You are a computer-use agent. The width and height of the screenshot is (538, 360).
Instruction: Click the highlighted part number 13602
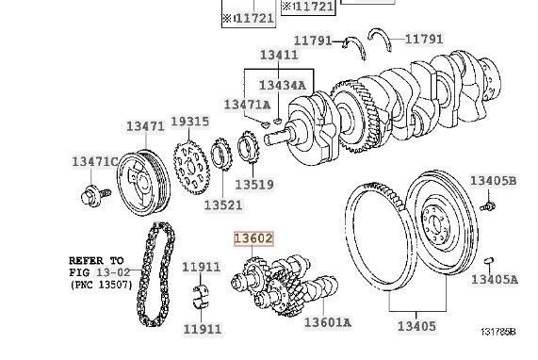point(253,239)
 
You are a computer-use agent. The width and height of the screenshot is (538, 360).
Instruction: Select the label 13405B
point(494,181)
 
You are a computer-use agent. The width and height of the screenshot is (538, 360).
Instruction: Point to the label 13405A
point(494,279)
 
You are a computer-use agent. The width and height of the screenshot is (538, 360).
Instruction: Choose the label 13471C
point(94,162)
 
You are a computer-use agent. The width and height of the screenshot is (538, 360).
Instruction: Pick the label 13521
point(223,204)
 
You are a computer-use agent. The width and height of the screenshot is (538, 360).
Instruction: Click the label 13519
point(253,185)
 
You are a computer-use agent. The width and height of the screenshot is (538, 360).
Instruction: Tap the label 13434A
point(283,86)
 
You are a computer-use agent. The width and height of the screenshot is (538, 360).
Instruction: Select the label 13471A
point(246,104)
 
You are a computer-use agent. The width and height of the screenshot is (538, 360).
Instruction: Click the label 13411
point(280,56)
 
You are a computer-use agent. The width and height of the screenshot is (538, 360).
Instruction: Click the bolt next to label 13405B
point(488,203)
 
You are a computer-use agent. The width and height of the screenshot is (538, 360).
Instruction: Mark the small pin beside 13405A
point(489,259)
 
